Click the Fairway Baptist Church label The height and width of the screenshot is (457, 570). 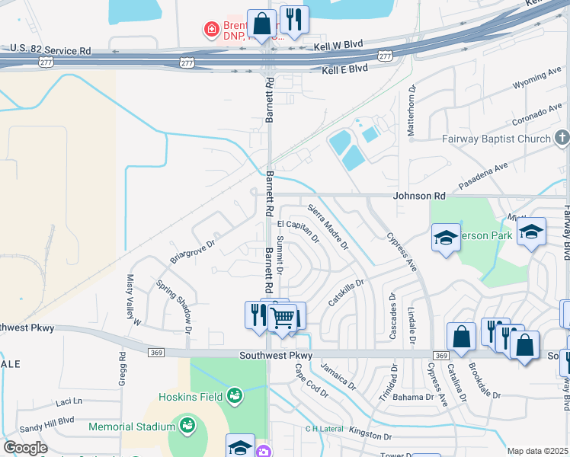[496, 139]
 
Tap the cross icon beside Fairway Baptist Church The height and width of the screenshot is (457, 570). [562, 138]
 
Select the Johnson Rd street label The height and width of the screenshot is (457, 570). [418, 196]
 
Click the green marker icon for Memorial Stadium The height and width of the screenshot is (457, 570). [186, 423]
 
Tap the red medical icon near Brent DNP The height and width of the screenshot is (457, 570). [210, 30]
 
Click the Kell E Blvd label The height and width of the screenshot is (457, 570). [344, 69]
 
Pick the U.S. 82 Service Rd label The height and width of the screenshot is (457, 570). [46, 51]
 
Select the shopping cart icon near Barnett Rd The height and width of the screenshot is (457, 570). [283, 318]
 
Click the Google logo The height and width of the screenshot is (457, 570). [25, 448]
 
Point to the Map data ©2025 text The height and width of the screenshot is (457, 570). [536, 451]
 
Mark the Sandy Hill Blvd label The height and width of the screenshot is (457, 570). [46, 420]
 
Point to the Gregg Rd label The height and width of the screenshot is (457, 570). [122, 368]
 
